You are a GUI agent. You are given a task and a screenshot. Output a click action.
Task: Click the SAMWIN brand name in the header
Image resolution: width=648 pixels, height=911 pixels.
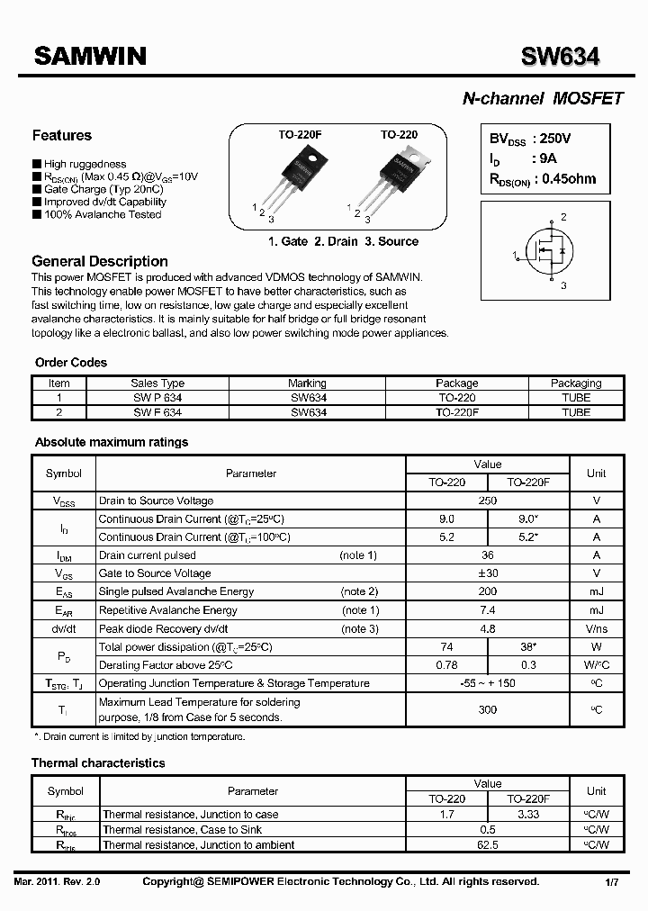pos(89,57)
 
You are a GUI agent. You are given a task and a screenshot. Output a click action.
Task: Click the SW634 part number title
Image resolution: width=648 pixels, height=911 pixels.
pos(561,57)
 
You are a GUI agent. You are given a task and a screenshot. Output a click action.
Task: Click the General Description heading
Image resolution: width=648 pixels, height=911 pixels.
pos(100,261)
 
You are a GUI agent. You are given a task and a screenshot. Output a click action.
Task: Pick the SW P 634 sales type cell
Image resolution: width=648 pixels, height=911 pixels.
pos(157,397)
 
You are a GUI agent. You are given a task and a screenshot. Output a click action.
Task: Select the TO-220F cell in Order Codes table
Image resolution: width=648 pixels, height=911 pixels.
pos(457,412)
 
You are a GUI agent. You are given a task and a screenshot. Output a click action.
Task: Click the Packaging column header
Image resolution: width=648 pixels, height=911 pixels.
pos(576,383)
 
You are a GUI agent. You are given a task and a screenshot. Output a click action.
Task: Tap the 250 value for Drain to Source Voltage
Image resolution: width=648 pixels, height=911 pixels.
pos(488,501)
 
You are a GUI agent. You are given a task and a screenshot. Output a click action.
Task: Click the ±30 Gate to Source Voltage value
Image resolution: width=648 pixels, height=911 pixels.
pos(488,573)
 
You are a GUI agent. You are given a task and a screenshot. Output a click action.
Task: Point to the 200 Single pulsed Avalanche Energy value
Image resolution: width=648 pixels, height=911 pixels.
pos(488,591)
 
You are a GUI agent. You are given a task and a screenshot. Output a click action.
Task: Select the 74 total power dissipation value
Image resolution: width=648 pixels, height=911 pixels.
pos(446,646)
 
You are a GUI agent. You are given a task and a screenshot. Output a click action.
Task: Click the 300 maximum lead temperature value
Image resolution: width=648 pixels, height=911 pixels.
pos(488,709)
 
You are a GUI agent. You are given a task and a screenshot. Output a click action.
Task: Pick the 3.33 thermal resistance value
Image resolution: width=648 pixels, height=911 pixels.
pos(528,814)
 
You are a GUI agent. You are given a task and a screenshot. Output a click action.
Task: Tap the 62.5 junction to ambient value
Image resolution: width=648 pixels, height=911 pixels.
pos(488,844)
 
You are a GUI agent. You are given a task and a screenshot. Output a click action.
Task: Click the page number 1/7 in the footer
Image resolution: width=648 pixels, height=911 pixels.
pos(613,883)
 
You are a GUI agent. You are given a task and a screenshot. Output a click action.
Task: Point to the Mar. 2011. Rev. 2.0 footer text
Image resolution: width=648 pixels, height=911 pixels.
pos(58,882)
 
